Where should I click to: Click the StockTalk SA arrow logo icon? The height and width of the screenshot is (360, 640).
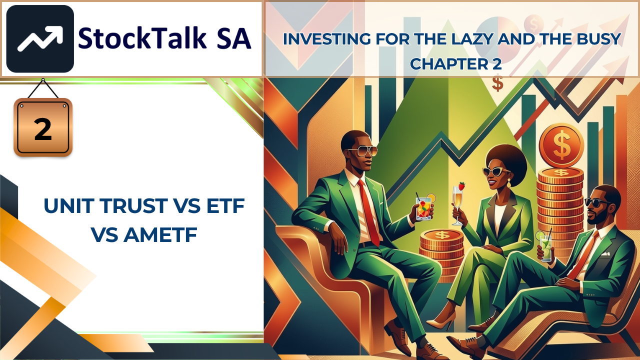(40, 38)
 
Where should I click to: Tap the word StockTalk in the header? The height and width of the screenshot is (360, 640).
(142, 38)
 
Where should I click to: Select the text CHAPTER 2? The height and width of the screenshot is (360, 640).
(455, 63)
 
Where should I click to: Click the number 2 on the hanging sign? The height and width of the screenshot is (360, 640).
(43, 129)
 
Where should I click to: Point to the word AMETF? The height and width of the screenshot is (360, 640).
(160, 235)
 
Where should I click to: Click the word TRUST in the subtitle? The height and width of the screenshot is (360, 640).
(134, 205)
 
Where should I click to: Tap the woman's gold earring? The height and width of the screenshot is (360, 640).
(509, 183)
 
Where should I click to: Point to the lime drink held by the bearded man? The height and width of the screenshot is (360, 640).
(545, 247)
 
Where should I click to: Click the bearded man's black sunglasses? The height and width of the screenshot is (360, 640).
(598, 203)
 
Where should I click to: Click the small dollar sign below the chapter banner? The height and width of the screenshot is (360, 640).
(497, 82)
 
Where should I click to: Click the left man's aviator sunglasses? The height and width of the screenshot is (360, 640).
(361, 150)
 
